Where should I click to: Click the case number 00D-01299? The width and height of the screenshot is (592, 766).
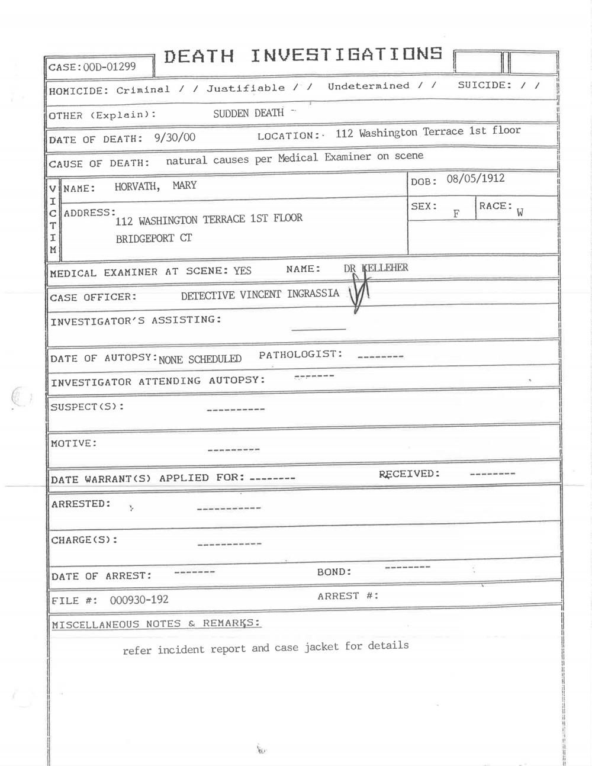click(x=110, y=66)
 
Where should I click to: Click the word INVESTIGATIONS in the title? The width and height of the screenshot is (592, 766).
click(x=346, y=55)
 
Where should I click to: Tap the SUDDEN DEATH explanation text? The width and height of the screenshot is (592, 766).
click(x=248, y=113)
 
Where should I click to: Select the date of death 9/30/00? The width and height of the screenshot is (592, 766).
click(x=175, y=138)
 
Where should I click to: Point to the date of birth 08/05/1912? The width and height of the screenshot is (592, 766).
click(x=475, y=178)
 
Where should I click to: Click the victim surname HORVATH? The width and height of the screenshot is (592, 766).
click(x=137, y=186)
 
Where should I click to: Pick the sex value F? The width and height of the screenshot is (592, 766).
click(x=456, y=214)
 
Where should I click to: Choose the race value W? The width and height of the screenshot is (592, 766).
click(x=520, y=213)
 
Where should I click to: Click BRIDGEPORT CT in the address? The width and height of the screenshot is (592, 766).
click(x=153, y=239)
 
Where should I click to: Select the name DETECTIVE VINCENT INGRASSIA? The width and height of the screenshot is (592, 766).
click(x=260, y=294)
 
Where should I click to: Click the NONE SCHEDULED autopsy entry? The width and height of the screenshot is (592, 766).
click(x=200, y=359)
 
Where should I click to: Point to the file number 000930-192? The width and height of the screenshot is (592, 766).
click(x=139, y=600)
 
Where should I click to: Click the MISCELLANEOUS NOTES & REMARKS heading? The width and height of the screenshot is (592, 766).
click(x=156, y=623)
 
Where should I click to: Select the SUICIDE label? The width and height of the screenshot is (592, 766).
click(x=485, y=85)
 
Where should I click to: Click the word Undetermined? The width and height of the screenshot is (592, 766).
click(x=368, y=86)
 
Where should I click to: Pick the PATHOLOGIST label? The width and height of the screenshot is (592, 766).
click(x=300, y=355)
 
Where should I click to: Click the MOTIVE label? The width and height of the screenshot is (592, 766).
click(x=73, y=443)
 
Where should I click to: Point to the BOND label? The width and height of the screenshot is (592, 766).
click(x=334, y=572)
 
